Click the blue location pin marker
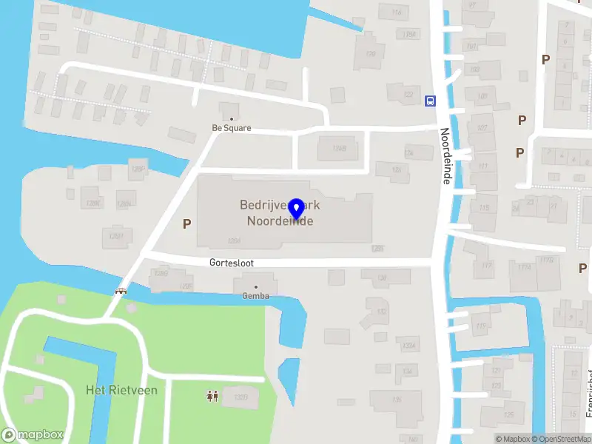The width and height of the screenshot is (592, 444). click(296, 209)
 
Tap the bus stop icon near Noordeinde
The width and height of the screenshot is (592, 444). click(430, 101)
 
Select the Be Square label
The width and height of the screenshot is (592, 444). click(232, 128)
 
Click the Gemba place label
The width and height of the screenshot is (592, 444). click(256, 296)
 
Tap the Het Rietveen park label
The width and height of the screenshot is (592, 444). click(121, 390)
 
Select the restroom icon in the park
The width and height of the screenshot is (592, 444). click(212, 397)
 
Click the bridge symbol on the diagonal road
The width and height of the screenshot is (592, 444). click(121, 291)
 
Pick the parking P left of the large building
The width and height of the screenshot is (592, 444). click(186, 223)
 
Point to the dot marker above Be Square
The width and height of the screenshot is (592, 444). click(232, 118)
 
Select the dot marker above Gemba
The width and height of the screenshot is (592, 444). click(256, 286)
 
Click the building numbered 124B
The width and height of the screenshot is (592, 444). click(339, 149)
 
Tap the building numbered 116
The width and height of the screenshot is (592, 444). click(397, 13)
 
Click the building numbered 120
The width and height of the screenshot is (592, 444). click(370, 53)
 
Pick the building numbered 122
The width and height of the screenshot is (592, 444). click(408, 94)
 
